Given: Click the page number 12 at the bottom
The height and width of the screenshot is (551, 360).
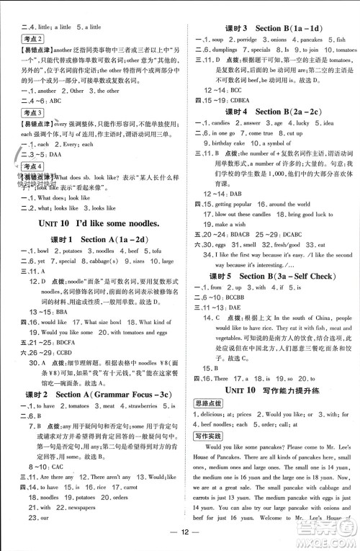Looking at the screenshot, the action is pyautogui.click(x=180, y=542).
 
